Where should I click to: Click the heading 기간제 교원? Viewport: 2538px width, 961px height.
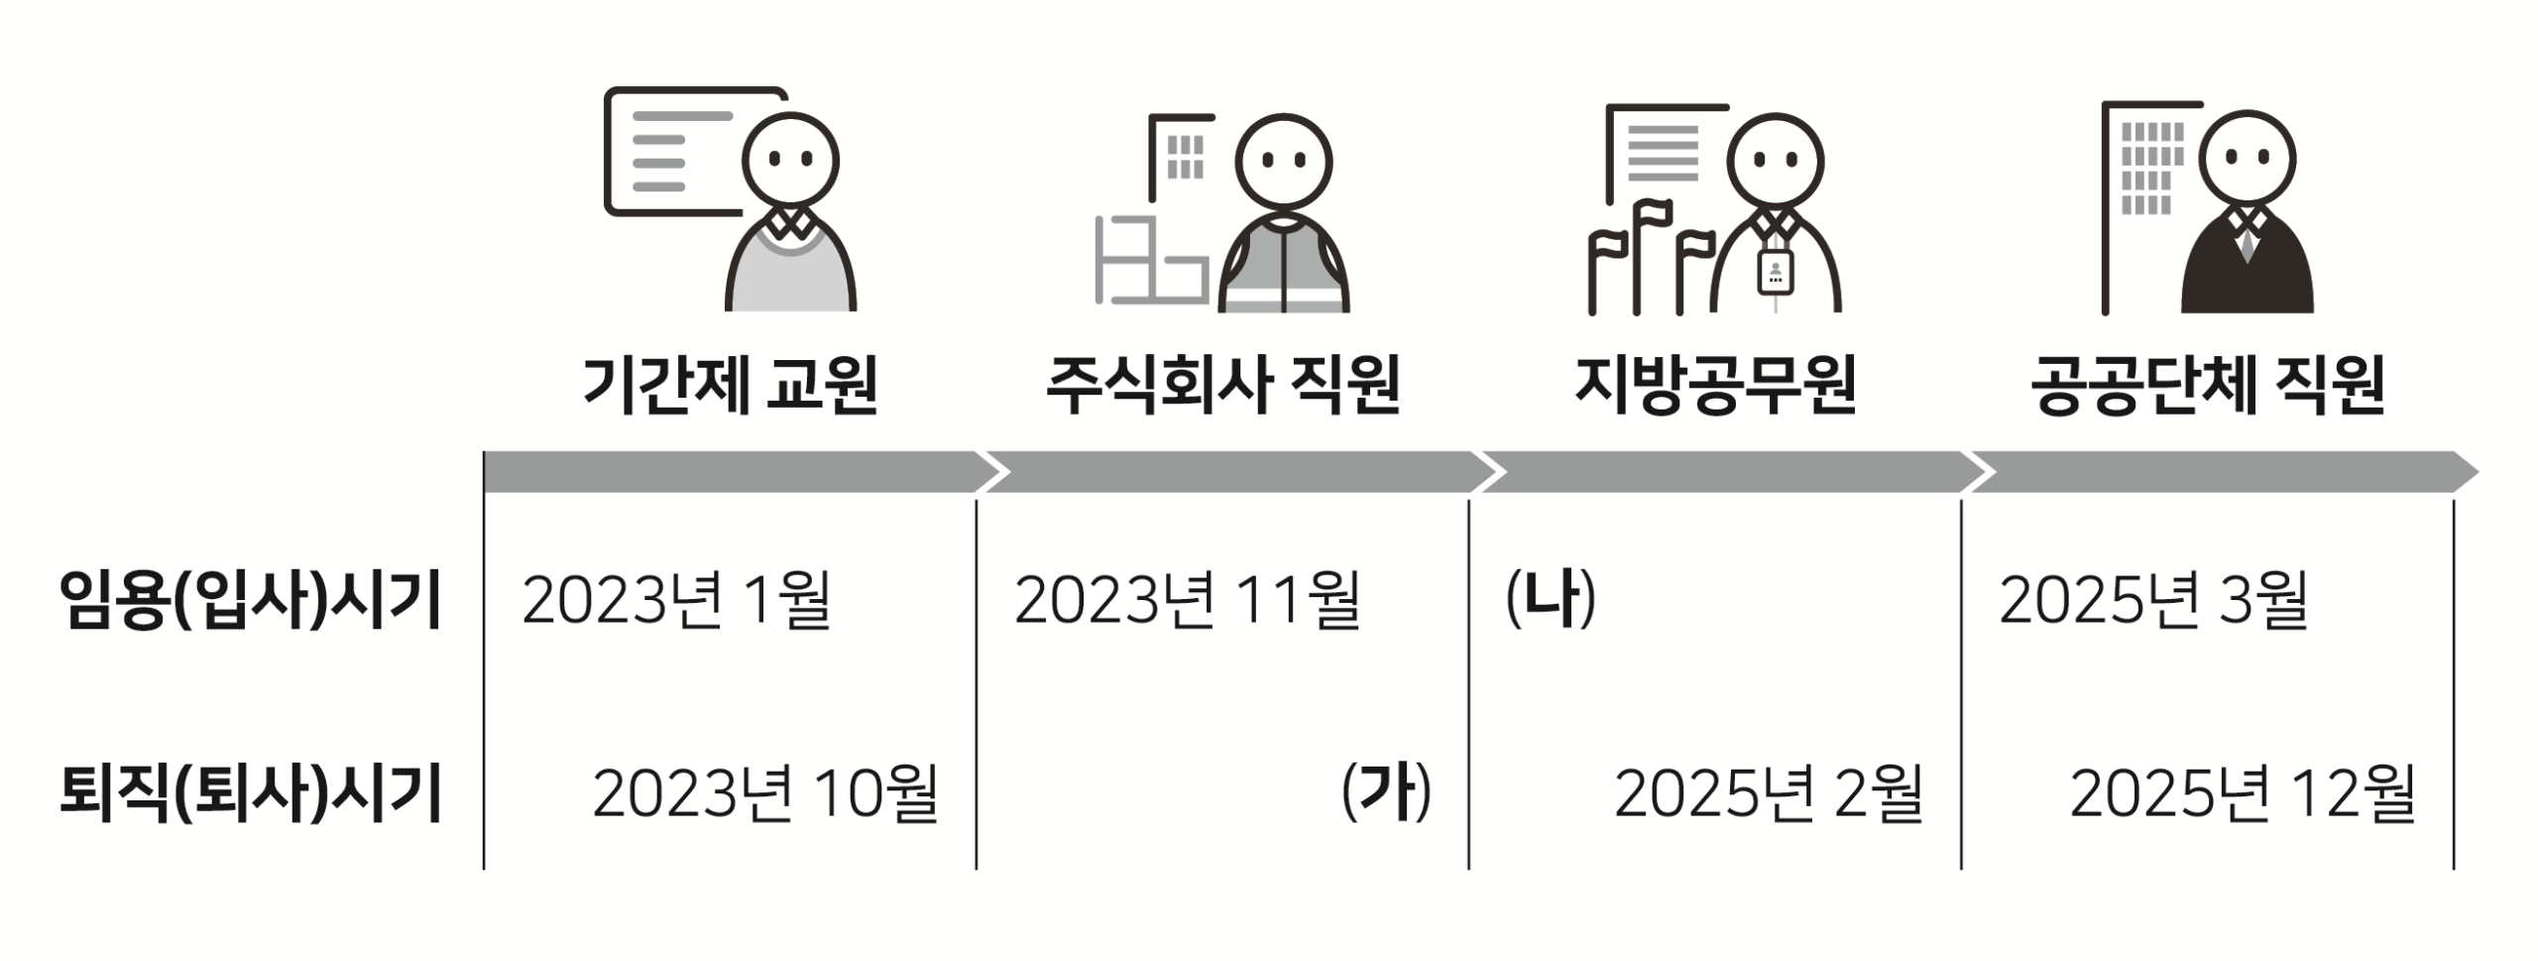(x=731, y=385)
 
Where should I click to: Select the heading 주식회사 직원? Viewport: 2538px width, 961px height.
(x=1223, y=385)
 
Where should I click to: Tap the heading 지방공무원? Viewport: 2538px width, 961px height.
(x=1715, y=385)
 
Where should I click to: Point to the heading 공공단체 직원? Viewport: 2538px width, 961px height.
(x=2208, y=385)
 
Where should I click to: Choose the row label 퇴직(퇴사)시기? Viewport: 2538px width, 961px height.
(x=251, y=793)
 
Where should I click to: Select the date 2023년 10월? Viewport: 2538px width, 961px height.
(x=765, y=793)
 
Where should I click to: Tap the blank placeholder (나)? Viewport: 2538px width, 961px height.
(x=1552, y=599)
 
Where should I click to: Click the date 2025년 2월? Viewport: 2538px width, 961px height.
(x=1769, y=793)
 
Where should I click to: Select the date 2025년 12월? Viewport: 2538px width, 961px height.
(x=2243, y=793)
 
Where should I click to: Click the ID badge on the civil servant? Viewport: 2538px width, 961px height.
(x=1775, y=271)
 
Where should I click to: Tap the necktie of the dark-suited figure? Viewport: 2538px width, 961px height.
(x=2247, y=244)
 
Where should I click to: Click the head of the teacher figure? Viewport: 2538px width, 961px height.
(x=791, y=160)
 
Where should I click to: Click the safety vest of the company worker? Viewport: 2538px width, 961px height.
(x=1284, y=268)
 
